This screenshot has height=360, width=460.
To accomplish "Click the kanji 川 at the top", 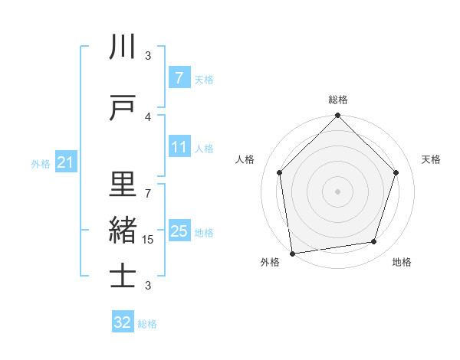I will pyautogui.click(x=123, y=47).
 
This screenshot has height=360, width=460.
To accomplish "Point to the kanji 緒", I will pyautogui.click(x=123, y=230).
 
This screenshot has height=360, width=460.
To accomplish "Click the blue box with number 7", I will pyautogui.click(x=179, y=78).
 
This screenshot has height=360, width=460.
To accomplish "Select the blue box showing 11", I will pyautogui.click(x=179, y=147).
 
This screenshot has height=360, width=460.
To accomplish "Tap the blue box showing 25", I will pyautogui.click(x=179, y=231).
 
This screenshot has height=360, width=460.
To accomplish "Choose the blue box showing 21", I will pyautogui.click(x=65, y=162).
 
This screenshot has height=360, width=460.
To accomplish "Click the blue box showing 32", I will pyautogui.click(x=123, y=322).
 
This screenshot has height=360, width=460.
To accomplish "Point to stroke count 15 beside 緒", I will pyautogui.click(x=148, y=239).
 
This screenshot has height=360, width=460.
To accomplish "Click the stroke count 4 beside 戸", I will pyautogui.click(x=148, y=116).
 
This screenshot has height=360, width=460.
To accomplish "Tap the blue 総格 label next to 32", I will pyautogui.click(x=147, y=324).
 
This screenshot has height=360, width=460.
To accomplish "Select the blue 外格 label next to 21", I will pyautogui.click(x=40, y=163).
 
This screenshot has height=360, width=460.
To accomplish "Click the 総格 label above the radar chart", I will pyautogui.click(x=337, y=100).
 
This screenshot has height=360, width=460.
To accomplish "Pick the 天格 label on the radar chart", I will pyautogui.click(x=431, y=159).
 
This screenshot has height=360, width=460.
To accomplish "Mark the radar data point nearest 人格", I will pyautogui.click(x=279, y=172).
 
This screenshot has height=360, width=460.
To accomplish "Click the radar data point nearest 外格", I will pyautogui.click(x=292, y=252).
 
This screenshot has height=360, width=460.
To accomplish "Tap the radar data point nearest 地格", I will pyautogui.click(x=374, y=242).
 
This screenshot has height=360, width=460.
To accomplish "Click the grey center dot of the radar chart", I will pyautogui.click(x=337, y=191).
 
